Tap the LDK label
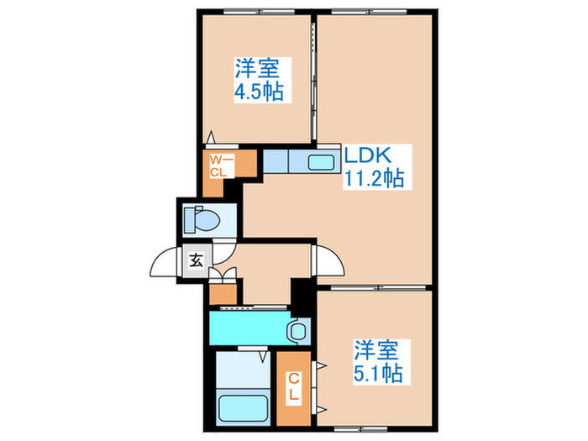(x=365, y=155)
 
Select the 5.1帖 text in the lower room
(x=376, y=370)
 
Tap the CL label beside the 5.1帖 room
(x=295, y=389)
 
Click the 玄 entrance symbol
(x=195, y=260)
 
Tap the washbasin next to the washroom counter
(x=297, y=331)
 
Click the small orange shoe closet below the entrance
(x=221, y=295)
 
